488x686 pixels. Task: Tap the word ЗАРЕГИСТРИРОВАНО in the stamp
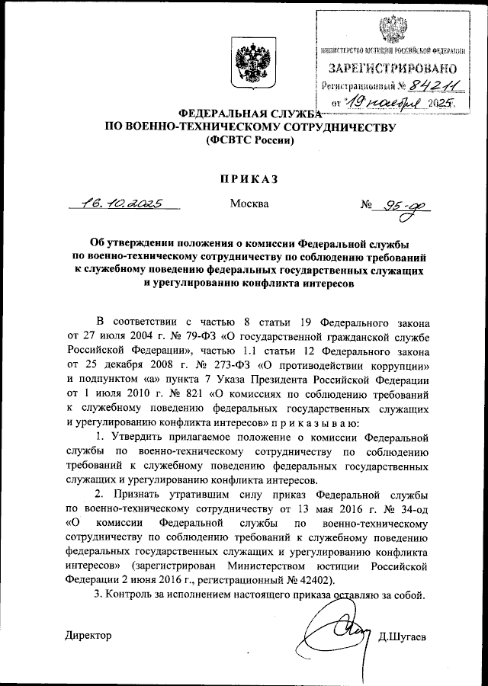[x=393, y=67]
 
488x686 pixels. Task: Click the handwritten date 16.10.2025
[x=122, y=203]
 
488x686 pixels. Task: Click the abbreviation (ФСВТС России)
[x=249, y=141]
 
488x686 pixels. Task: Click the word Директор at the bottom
[x=88, y=635]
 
